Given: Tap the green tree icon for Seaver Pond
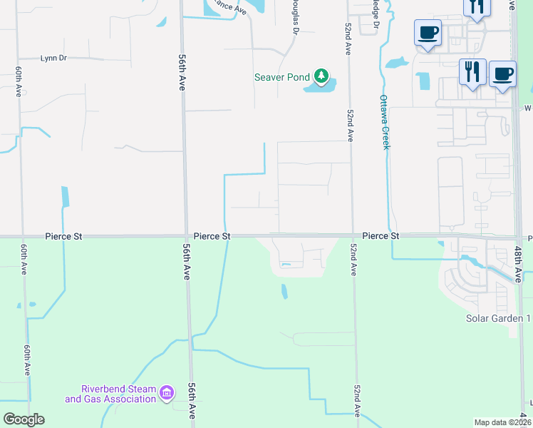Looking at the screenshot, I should [321, 75].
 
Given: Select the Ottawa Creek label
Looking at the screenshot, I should [385, 121].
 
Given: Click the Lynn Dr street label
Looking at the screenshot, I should [53, 58].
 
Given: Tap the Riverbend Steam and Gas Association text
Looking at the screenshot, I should [110, 394].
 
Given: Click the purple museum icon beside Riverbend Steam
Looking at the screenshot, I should [167, 392].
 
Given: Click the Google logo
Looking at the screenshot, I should [24, 419].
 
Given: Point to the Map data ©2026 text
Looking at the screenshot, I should [502, 422].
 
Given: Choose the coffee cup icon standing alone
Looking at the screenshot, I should [428, 32].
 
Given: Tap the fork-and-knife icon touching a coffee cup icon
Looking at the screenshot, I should [472, 71].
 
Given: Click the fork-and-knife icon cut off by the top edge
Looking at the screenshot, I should [477, 6].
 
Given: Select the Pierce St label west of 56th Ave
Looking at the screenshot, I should [64, 235].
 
